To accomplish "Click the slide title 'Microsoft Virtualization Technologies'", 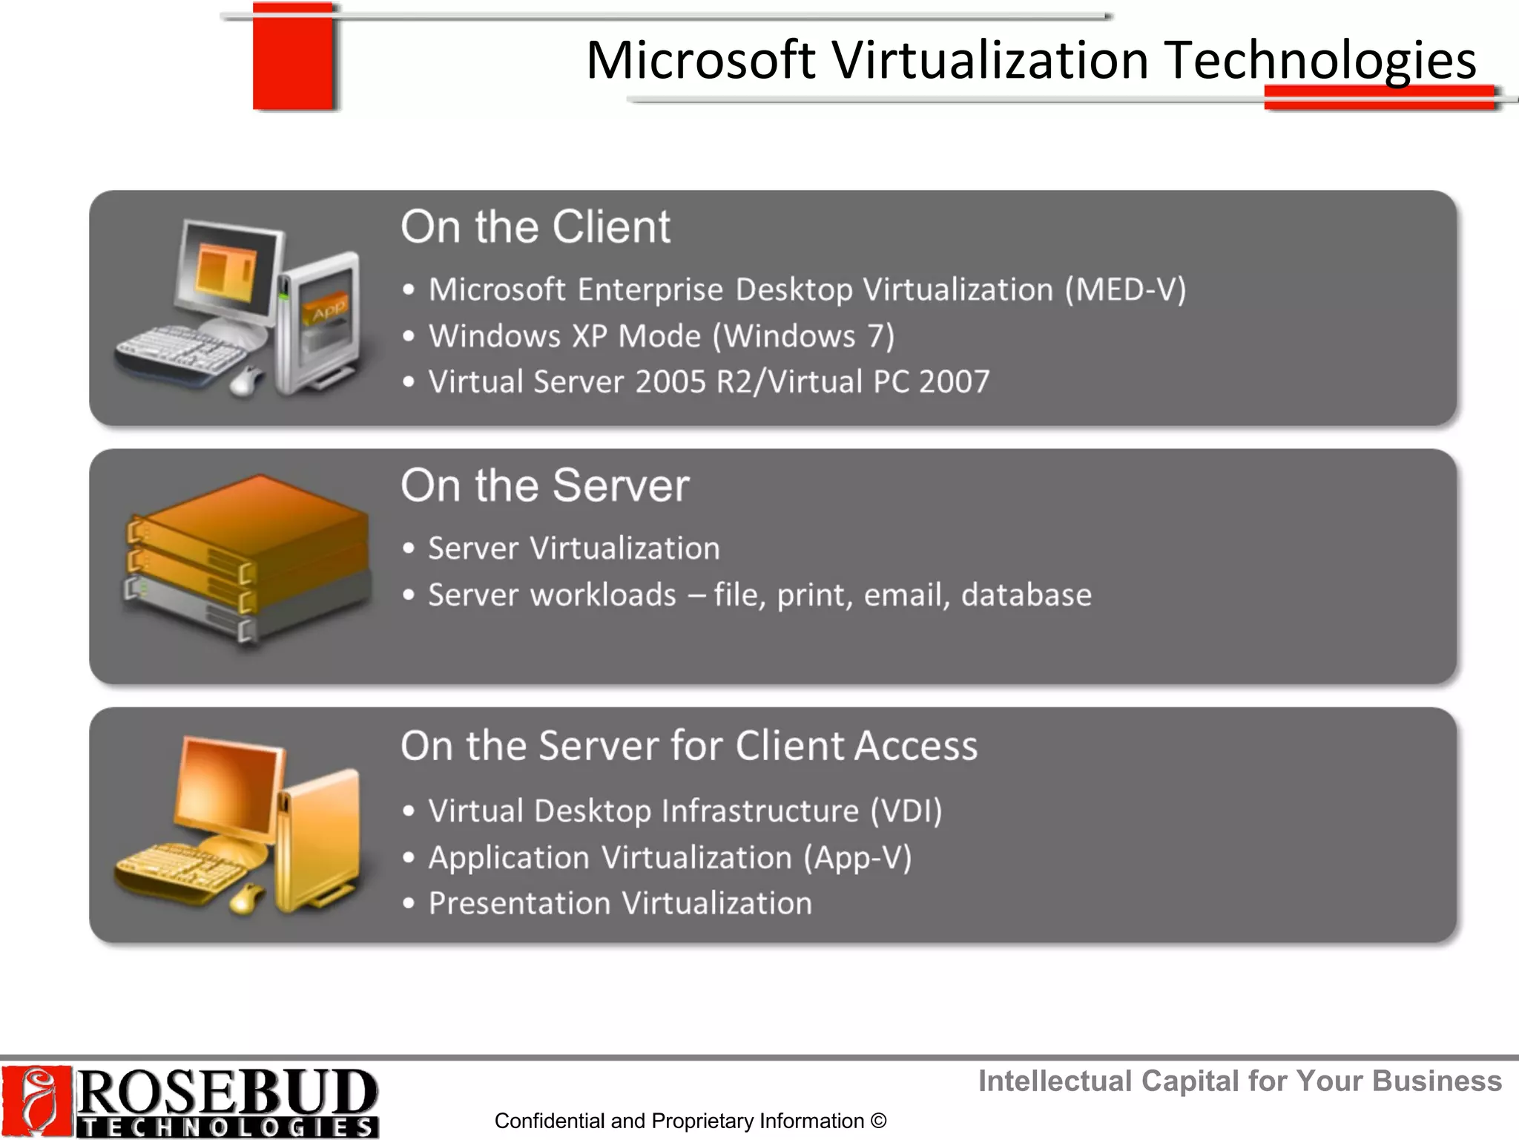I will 1030,61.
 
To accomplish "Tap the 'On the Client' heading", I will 535,227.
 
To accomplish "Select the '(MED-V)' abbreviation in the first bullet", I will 1125,290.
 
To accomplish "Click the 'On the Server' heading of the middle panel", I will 544,486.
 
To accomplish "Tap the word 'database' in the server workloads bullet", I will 1026,595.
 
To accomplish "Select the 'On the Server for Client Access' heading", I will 688,746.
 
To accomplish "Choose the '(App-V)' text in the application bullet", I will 857,858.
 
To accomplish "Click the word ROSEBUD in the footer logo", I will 226,1091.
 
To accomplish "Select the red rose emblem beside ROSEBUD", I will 36,1101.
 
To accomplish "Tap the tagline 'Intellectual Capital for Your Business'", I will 1239,1081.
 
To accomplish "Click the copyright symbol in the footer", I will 878,1121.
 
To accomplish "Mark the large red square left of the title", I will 292,56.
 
